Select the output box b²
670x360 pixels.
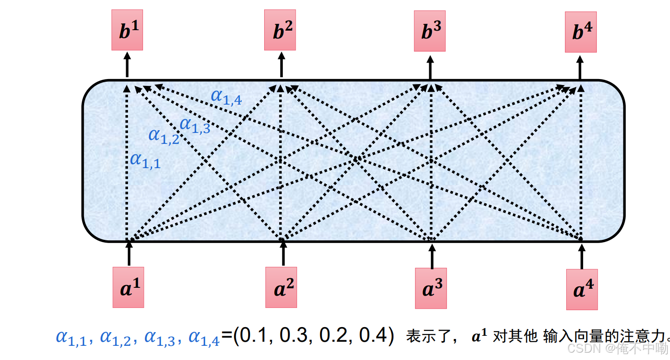point(280,30)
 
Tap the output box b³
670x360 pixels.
point(430,31)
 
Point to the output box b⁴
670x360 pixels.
point(580,32)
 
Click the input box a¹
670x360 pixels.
point(128,287)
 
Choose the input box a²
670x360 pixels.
point(281,287)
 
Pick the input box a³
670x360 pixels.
point(431,288)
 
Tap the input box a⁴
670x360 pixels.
point(581,289)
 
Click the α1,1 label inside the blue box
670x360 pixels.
point(145,160)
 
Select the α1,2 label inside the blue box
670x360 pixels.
point(163,136)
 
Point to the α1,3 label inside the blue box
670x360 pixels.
point(195,125)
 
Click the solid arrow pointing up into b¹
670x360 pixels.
point(127,65)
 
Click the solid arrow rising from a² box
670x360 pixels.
point(283,253)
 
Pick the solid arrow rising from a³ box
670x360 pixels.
point(432,255)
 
